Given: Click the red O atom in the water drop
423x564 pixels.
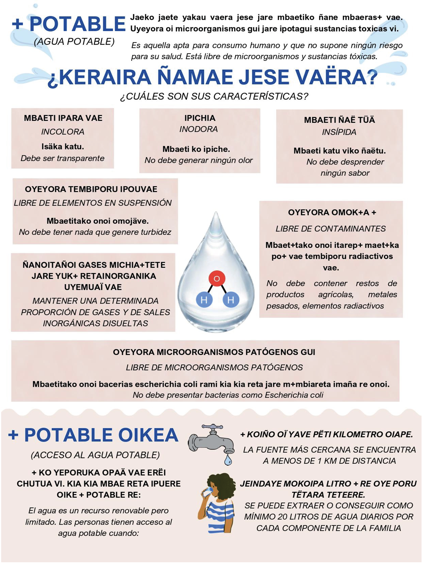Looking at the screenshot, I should point(216,279).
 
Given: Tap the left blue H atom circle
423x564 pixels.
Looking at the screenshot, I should point(204,300).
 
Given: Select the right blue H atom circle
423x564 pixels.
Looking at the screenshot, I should point(231,300).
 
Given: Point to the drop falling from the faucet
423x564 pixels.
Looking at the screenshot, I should point(228,460).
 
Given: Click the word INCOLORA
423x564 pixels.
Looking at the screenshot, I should point(63,132).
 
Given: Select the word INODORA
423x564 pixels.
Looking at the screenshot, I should point(198,129).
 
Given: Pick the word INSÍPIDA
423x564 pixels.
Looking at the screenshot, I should point(339,132).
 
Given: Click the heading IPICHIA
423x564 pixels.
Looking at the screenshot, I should point(200,118).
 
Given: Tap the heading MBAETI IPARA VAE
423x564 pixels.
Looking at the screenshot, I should point(63,118).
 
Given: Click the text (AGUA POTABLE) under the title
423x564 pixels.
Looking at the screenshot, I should point(74,42).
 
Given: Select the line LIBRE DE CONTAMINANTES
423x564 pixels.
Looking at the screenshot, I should point(331,229).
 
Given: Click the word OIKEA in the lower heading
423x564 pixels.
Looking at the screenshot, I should point(148,435).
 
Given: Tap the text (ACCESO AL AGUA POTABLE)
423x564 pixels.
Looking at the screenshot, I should point(95,455).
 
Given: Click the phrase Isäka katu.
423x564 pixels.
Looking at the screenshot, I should point(63,147).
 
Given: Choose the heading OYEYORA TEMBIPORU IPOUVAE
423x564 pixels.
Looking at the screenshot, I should point(91,189).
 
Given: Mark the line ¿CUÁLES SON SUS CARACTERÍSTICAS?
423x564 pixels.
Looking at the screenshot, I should point(214,96).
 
